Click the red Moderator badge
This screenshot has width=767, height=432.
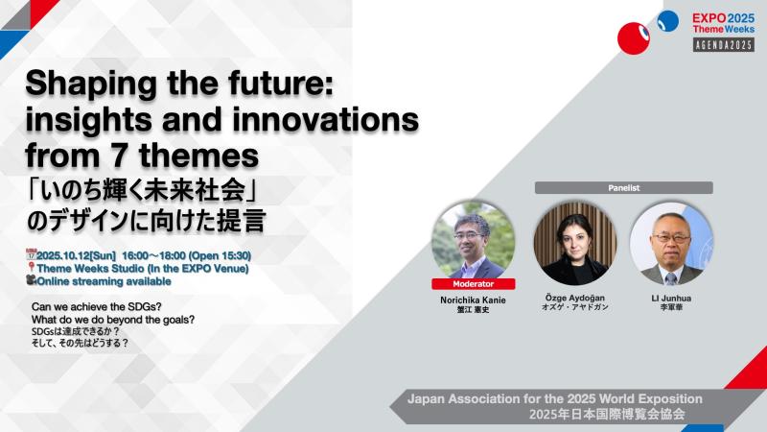pyautogui.click(x=473, y=284)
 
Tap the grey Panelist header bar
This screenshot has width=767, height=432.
pyautogui.click(x=624, y=187)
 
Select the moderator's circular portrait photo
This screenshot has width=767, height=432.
pyautogui.click(x=473, y=241)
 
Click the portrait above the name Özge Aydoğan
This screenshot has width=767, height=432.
pyautogui.click(x=574, y=244)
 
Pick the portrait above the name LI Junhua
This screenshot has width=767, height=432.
pyautogui.click(x=671, y=244)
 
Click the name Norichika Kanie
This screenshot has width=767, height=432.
pyautogui.click(x=473, y=300)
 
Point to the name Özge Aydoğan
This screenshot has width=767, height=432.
pyautogui.click(x=574, y=298)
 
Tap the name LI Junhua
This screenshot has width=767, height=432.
pyautogui.click(x=671, y=299)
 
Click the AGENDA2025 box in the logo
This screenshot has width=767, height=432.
pyautogui.click(x=724, y=44)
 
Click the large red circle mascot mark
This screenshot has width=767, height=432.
pyautogui.click(x=634, y=37)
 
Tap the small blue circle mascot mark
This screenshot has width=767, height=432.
pyautogui.click(x=667, y=21)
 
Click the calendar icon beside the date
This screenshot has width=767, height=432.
pyautogui.click(x=31, y=254)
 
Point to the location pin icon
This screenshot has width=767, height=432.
pyautogui.click(x=32, y=268)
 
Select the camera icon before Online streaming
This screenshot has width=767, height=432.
pyautogui.click(x=32, y=280)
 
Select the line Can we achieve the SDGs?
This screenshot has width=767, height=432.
pyautogui.click(x=97, y=306)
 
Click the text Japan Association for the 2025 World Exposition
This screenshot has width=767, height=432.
pyautogui.click(x=555, y=398)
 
